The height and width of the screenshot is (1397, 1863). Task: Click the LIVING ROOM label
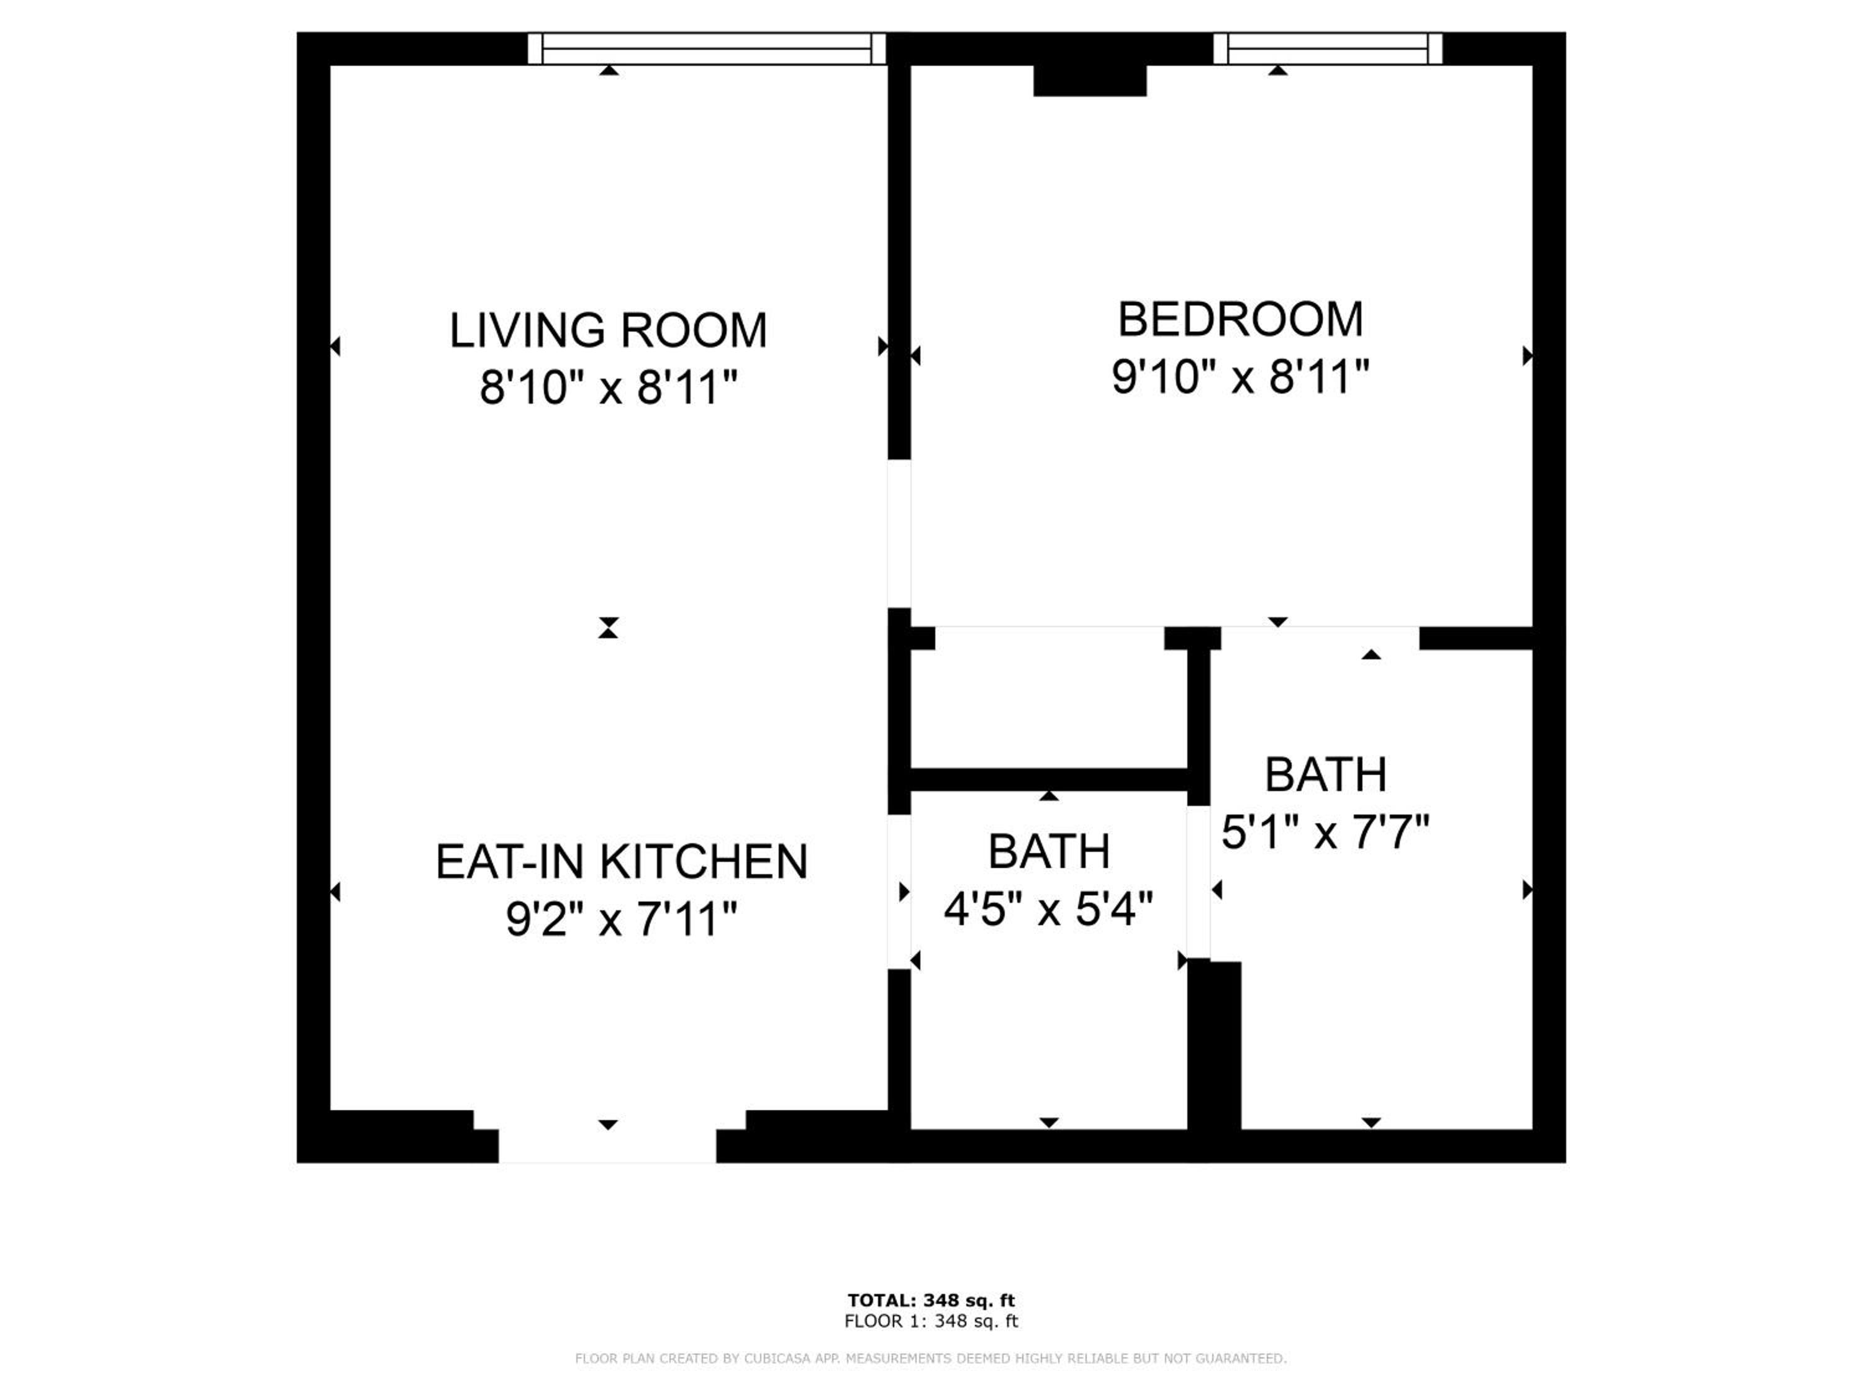[608, 330]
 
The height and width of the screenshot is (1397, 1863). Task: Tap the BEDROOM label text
[1240, 319]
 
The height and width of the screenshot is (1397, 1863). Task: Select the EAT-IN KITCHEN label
[622, 861]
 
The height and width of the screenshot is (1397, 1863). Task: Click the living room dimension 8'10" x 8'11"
[608, 388]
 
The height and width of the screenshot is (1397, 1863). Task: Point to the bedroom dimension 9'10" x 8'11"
[1240, 376]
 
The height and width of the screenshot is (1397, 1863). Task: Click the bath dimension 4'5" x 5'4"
[1049, 910]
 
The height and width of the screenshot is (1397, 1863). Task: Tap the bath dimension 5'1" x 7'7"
[1326, 833]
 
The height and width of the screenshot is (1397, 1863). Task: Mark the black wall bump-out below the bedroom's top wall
[1090, 80]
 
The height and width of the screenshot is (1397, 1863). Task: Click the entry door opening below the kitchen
[607, 1145]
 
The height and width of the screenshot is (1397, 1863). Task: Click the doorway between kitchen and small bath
[899, 892]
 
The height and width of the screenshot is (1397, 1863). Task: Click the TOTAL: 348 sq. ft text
[931, 1300]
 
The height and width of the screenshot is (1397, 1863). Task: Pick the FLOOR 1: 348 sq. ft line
[931, 1321]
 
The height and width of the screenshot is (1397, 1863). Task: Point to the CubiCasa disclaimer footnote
[931, 1359]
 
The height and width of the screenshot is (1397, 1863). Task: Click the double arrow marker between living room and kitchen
[608, 627]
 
